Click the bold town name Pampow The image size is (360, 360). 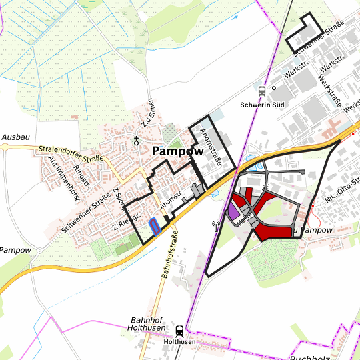point(177,151)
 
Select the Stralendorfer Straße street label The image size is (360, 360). point(71,153)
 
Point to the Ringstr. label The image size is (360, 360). point(83,175)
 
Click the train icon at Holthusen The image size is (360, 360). point(179,330)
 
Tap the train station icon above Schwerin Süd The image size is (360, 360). point(262,91)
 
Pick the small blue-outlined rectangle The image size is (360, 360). point(154,226)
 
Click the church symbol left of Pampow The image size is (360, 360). point(137,140)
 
